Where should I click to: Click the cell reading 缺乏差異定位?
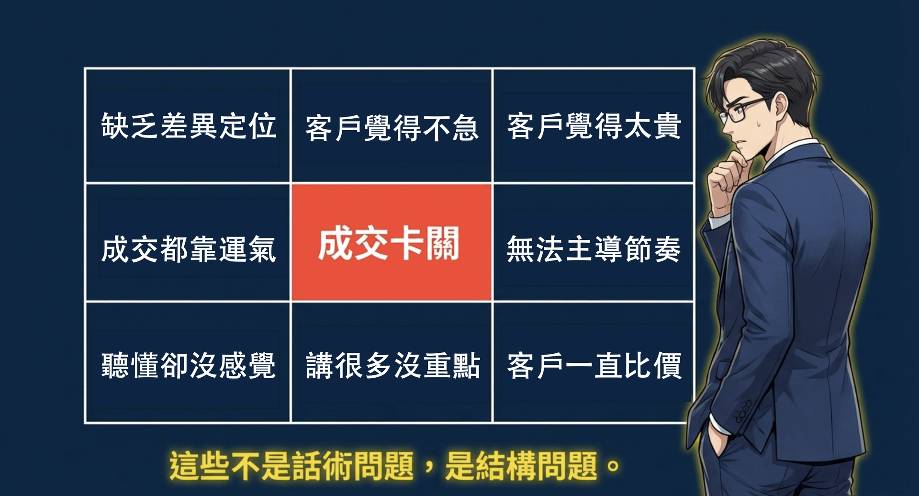188,126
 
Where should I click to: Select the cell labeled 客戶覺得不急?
392,126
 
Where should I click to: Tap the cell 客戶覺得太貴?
594,126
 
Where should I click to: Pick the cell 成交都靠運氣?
188,243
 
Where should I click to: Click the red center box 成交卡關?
392,243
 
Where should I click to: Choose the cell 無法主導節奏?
594,243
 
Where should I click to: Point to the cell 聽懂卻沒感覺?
188,362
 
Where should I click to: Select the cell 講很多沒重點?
392,362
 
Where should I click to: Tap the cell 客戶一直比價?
594,362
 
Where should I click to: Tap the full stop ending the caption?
613,465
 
